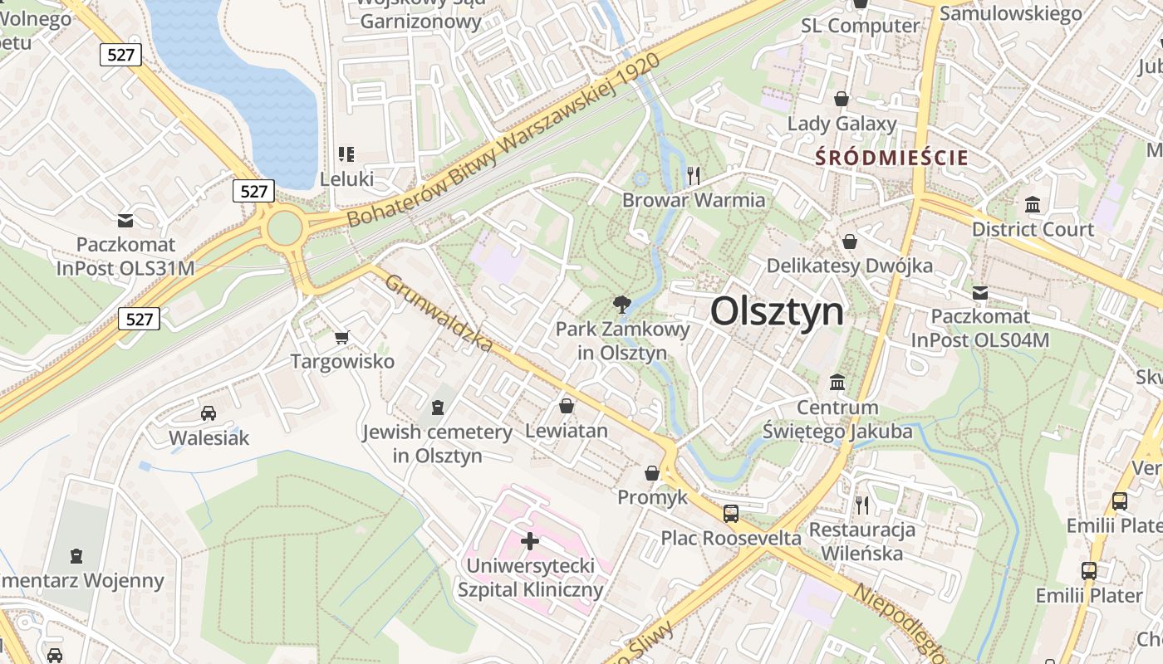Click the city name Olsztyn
[777, 311]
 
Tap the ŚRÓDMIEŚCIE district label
[892, 158]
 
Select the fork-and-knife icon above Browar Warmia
[694, 175]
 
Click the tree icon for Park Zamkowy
[621, 304]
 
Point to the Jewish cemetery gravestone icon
[438, 407]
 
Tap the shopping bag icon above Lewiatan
[567, 406]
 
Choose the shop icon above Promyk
[653, 472]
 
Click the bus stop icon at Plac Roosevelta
[731, 513]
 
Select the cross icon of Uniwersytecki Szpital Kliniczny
[530, 541]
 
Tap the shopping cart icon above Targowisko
[341, 337]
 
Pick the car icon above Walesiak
[209, 413]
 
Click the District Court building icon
[1033, 204]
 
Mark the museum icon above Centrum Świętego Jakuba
[837, 383]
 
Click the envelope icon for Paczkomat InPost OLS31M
[125, 221]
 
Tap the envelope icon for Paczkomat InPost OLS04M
[980, 292]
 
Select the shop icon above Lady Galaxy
[842, 99]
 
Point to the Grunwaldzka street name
[439, 313]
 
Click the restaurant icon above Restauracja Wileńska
[862, 505]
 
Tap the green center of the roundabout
[284, 227]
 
